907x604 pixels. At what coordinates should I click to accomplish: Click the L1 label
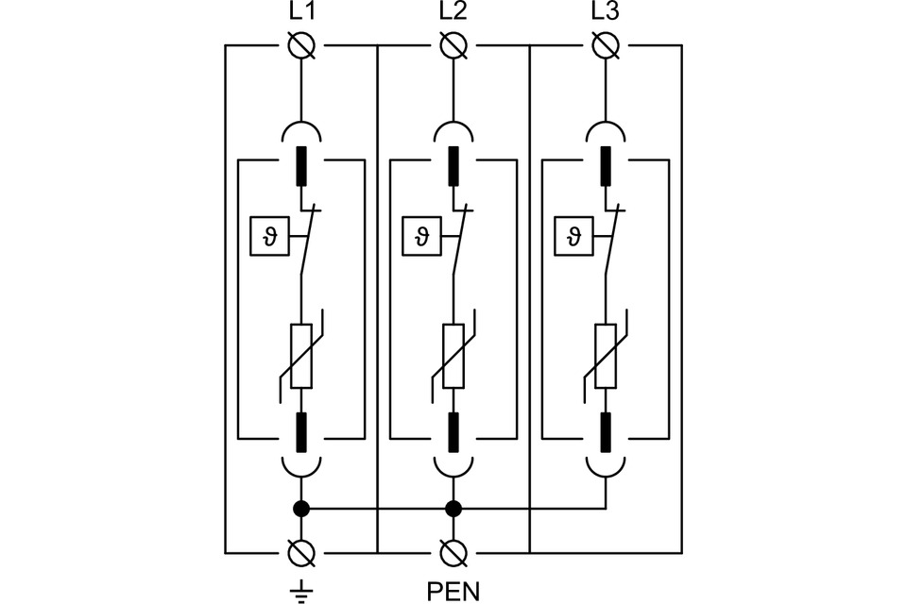[300, 13]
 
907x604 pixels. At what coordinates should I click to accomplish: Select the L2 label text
[453, 13]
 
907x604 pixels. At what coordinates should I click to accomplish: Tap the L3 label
[605, 13]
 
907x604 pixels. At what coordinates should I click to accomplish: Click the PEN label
[453, 592]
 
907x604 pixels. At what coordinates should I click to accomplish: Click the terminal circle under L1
[301, 45]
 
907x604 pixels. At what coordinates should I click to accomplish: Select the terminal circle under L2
[453, 45]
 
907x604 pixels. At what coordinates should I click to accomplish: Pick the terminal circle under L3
[606, 45]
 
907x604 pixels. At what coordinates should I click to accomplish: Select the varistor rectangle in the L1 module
[301, 356]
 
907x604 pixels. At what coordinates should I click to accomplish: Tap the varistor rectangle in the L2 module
[453, 356]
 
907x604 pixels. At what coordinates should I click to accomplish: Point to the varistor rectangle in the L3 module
[606, 356]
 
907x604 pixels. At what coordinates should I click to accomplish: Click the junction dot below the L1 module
[301, 509]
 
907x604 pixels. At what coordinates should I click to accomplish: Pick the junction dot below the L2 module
[453, 509]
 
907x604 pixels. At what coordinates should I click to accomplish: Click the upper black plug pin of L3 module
[606, 165]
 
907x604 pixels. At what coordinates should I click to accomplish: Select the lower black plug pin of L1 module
[301, 432]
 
